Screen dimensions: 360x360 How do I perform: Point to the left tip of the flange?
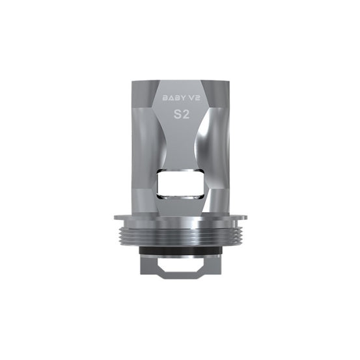(x=115, y=217)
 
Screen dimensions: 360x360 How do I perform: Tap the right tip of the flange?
(x=246, y=217)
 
